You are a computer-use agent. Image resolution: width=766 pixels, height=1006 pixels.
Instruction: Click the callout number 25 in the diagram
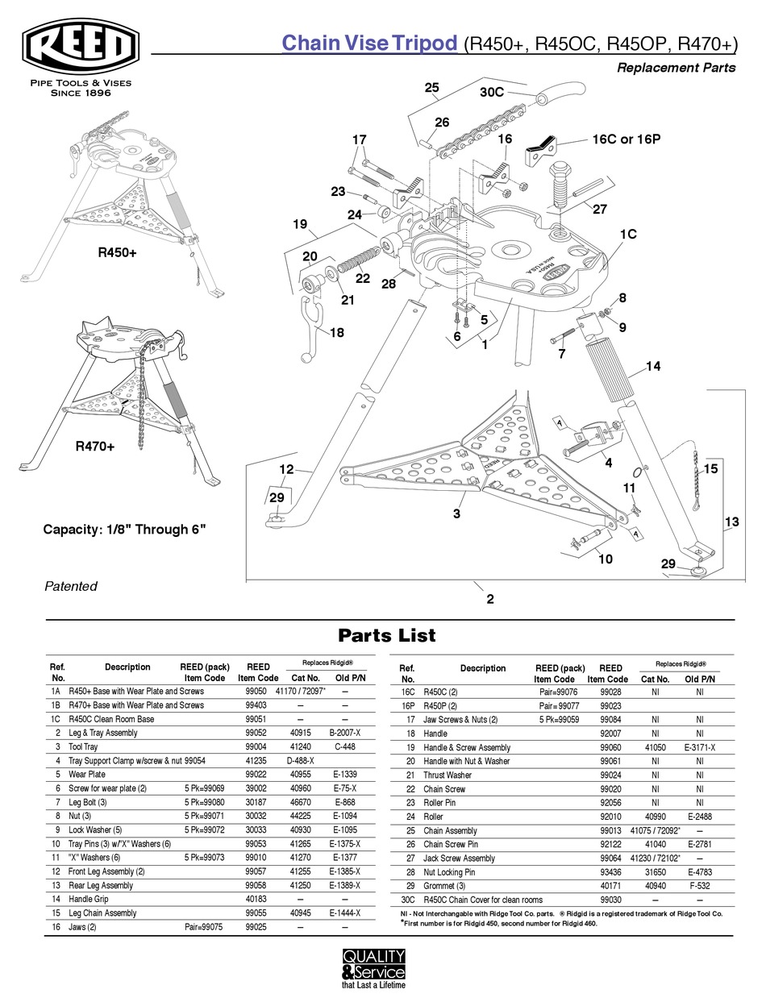coord(431,87)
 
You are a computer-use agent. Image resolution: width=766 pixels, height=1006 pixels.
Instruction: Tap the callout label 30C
coord(492,93)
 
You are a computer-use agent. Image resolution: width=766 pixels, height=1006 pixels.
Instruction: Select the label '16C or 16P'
coord(626,139)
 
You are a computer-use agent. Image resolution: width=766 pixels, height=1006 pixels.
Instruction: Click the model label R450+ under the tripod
coord(118,252)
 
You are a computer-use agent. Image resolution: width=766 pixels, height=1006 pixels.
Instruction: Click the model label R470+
coord(95,445)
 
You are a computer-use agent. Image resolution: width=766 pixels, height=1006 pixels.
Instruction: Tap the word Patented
coord(70,586)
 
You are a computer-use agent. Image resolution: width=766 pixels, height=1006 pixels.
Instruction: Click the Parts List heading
coord(386,635)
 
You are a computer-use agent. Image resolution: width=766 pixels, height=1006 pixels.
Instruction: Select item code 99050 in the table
coord(257,692)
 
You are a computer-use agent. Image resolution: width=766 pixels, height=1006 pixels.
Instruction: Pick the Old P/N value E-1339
coord(344,775)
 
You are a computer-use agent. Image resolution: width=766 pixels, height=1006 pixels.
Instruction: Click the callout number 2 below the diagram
coord(489,599)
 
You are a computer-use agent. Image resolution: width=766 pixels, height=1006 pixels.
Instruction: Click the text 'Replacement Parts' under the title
coord(676,68)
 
